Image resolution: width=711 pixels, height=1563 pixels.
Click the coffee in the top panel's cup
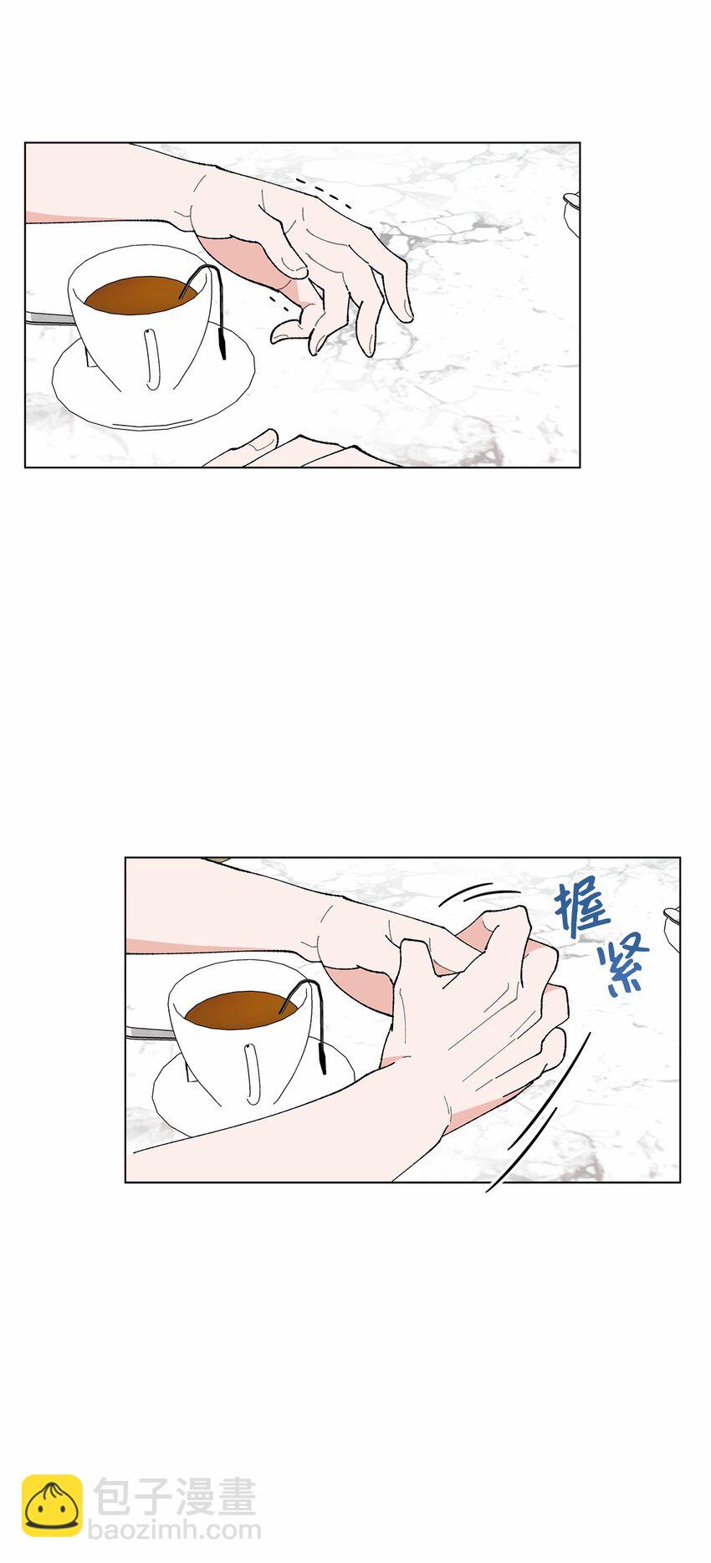[x=141, y=294]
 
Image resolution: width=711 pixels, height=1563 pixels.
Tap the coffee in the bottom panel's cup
[x=242, y=1009]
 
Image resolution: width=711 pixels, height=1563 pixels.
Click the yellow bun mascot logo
[x=52, y=1505]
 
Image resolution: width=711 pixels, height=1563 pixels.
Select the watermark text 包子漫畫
[x=174, y=1497]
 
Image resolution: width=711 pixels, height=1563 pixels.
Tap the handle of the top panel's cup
[x=152, y=359]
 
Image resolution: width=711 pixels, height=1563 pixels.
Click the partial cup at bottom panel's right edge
[x=672, y=928]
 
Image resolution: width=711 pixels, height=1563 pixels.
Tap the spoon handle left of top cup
[x=49, y=317]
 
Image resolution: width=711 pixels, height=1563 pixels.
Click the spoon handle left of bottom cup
[x=150, y=1033]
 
